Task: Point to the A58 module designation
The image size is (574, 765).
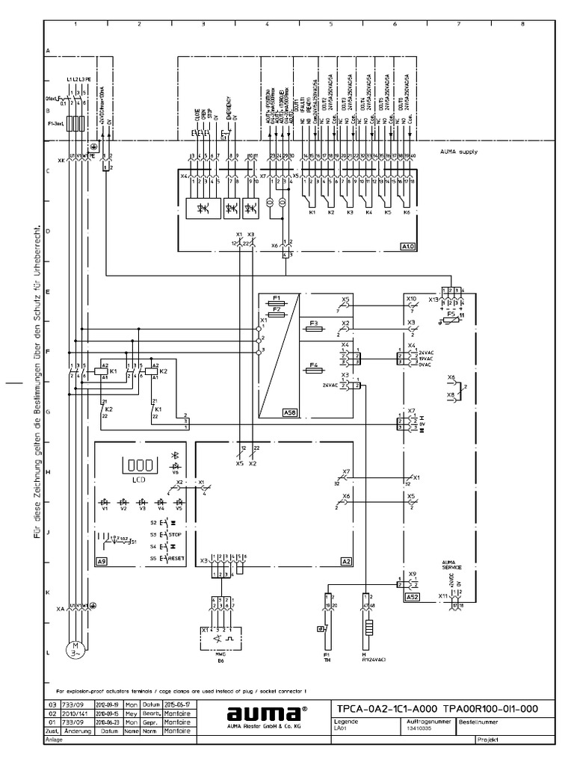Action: pyautogui.click(x=288, y=412)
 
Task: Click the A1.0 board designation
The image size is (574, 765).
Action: pyautogui.click(x=407, y=246)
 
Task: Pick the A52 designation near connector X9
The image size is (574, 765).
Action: pyautogui.click(x=413, y=598)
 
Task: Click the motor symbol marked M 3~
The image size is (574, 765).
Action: pyautogui.click(x=74, y=648)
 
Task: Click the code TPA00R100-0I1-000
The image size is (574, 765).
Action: pyautogui.click(x=490, y=708)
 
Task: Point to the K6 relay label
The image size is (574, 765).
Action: pyautogui.click(x=407, y=213)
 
